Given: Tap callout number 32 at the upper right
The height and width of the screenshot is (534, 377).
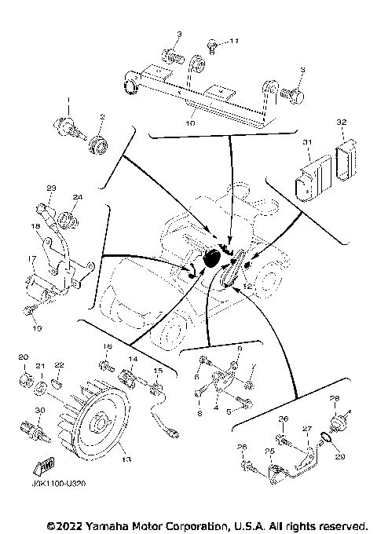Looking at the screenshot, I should tap(341, 123).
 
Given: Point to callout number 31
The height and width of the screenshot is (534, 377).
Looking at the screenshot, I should tap(308, 142).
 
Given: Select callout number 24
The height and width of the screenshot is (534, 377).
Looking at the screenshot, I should tap(77, 197).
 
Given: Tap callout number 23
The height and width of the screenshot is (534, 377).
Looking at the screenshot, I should tap(52, 188).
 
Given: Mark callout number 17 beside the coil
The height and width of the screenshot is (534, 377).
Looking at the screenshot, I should tap(33, 258).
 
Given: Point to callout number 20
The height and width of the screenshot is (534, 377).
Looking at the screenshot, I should tap(23, 357).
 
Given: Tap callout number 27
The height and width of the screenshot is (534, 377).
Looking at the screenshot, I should tap(309, 429).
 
